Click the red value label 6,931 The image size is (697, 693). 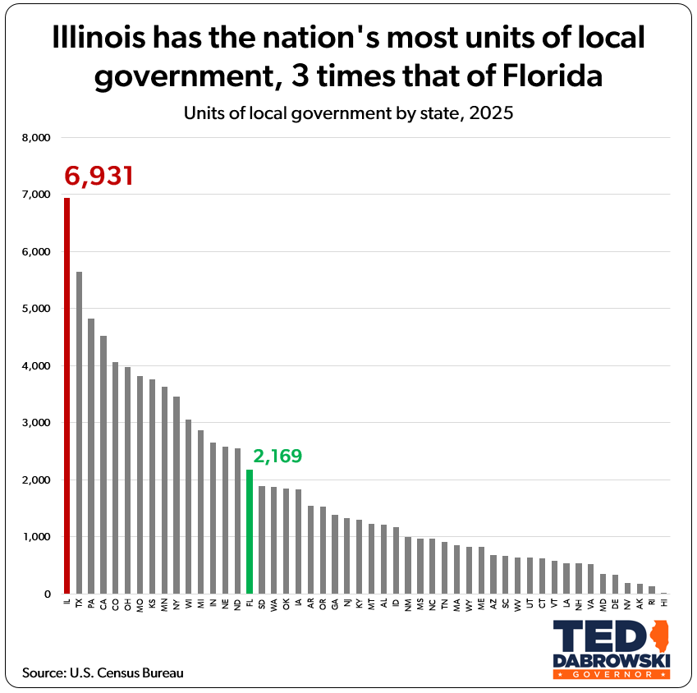(x=99, y=175)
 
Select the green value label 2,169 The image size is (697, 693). (x=277, y=456)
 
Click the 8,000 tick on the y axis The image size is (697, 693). (x=35, y=138)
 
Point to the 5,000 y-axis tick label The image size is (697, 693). (x=35, y=309)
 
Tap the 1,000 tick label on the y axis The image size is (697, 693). (x=35, y=537)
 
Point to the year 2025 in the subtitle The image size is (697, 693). (x=491, y=113)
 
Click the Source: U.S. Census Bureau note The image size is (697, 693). (x=103, y=672)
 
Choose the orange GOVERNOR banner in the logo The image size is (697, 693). (x=612, y=674)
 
